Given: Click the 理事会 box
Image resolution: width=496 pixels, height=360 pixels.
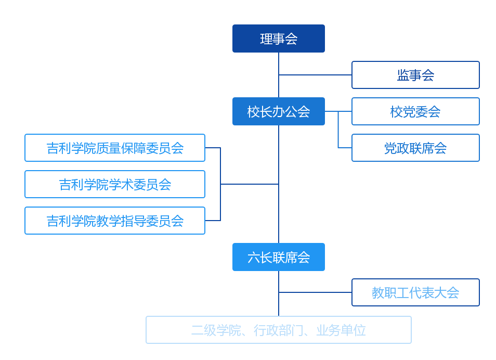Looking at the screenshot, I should coord(279,38).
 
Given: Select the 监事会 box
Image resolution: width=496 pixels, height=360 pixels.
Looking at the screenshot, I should coord(415,75).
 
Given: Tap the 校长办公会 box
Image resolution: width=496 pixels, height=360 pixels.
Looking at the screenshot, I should coord(279,111).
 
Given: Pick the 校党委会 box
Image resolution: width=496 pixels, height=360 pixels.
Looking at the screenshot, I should coord(415,111).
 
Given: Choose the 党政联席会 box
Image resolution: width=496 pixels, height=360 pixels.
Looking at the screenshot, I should coord(415,148).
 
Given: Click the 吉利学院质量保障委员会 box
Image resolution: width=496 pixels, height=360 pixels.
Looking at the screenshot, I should coord(115,148).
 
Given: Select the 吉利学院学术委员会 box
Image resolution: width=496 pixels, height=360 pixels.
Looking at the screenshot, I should coord(115,184).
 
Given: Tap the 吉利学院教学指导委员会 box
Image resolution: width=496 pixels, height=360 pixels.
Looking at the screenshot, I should coord(115,221).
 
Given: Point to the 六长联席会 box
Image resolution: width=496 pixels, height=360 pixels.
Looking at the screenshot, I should coord(279,257).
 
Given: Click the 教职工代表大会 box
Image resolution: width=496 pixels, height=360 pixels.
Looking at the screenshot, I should coord(415,292).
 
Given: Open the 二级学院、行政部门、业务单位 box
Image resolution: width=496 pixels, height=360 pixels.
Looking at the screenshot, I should coord(279,330).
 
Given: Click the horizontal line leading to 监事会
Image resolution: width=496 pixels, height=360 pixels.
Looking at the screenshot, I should coord(315,75).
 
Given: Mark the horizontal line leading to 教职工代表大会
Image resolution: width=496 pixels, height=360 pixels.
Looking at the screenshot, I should coord(315,292).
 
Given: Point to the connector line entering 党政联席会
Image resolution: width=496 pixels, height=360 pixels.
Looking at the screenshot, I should coord(345,148).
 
